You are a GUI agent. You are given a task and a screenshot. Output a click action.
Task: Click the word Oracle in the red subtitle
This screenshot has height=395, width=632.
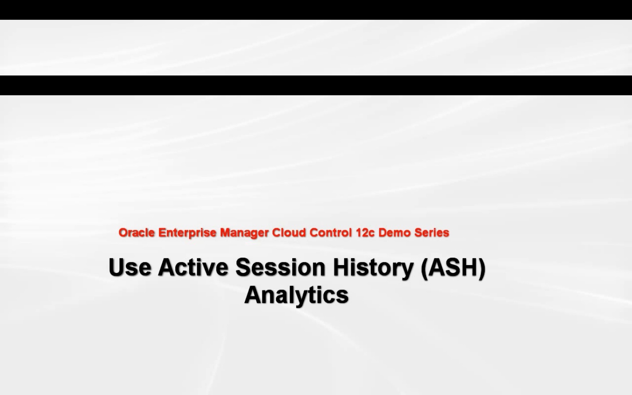coord(136,233)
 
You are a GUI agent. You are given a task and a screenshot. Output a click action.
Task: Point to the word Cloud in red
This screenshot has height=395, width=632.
coord(289,233)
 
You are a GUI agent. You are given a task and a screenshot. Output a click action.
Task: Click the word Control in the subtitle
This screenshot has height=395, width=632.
coord(330,233)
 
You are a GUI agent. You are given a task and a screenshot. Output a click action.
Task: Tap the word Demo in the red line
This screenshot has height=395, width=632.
coord(395,233)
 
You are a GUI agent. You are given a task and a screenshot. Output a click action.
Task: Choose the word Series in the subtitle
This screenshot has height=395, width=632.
coord(432,233)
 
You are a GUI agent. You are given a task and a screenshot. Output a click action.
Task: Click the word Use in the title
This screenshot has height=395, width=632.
coord(130,267)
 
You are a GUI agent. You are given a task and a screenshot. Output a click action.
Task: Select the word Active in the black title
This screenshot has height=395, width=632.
coord(193,267)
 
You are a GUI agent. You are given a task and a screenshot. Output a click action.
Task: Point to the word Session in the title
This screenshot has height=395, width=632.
coord(280,267)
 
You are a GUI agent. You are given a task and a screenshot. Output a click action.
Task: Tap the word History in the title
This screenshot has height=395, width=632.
coord(373,268)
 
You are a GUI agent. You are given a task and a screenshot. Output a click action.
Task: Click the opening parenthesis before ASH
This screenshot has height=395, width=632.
coord(424,268)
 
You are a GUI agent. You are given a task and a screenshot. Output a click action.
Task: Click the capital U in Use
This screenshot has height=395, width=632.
coord(116,267)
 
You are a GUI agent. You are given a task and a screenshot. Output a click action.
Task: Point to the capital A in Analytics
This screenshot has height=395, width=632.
coord(253,294)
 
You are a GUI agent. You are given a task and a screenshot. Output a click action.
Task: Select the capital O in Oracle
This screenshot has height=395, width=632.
coord(124,233)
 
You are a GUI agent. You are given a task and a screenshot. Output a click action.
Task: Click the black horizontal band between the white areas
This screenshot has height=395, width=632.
coord(316,85)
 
